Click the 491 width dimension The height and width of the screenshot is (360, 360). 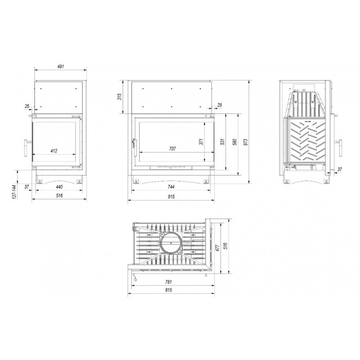60,67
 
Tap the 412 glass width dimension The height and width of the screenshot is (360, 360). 54,151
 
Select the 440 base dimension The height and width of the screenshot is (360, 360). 59,187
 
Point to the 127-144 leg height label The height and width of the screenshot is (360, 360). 15,192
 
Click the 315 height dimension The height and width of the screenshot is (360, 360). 119,97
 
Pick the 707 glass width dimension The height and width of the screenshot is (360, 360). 172,149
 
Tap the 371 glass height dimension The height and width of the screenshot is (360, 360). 201,141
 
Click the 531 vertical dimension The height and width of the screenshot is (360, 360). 222,142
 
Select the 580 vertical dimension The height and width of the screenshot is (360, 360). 234,142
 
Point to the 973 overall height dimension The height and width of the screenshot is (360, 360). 246,142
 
